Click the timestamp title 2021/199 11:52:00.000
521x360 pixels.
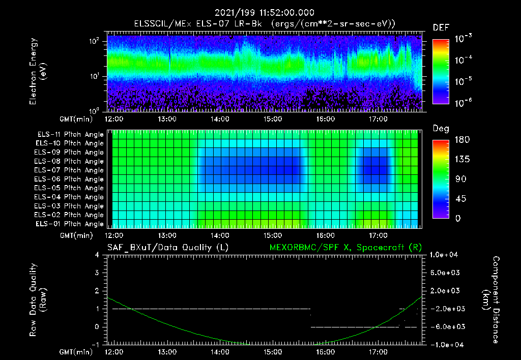(265, 13)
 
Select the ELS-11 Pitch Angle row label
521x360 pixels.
(70, 134)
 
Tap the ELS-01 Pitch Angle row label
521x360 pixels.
(70, 224)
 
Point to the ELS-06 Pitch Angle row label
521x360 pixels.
(70, 179)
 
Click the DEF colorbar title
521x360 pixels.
(441, 27)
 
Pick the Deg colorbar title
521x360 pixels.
(441, 129)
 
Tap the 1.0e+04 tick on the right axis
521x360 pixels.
(445, 255)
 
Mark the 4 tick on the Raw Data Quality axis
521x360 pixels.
(96, 255)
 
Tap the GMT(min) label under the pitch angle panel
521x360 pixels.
(77, 235)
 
